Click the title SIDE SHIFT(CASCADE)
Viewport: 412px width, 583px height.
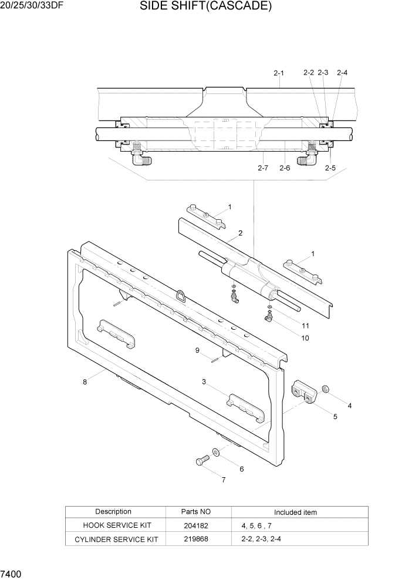click(x=205, y=7)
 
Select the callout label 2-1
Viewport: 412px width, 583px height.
click(x=279, y=73)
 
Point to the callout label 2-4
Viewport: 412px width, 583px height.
click(x=342, y=73)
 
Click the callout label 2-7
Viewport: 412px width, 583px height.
click(x=263, y=168)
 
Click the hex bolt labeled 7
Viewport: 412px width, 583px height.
click(x=201, y=461)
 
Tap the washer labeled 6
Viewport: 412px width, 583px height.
click(x=216, y=451)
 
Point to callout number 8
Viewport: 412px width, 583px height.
click(x=85, y=382)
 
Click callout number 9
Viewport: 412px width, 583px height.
click(x=198, y=350)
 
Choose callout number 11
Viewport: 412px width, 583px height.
click(x=305, y=326)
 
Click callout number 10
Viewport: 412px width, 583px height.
click(x=305, y=338)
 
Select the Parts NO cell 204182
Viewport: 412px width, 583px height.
click(x=195, y=526)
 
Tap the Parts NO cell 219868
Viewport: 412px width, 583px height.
click(x=195, y=539)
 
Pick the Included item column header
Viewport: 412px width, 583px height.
click(x=295, y=512)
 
